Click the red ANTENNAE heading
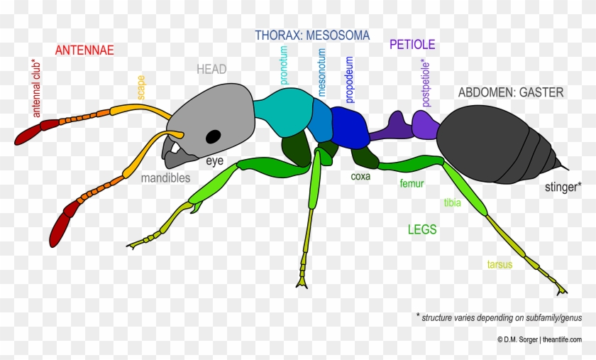[84, 50]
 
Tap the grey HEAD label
[211, 69]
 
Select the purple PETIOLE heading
[412, 44]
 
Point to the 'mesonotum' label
[321, 72]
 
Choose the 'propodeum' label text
[349, 80]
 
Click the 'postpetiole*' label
[426, 83]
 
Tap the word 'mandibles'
[165, 178]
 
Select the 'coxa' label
[360, 176]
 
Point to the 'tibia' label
[452, 203]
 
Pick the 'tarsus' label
[500, 264]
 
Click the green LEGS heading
[422, 229]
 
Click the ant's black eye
[214, 136]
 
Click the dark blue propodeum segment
[350, 127]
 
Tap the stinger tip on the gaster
[567, 168]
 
